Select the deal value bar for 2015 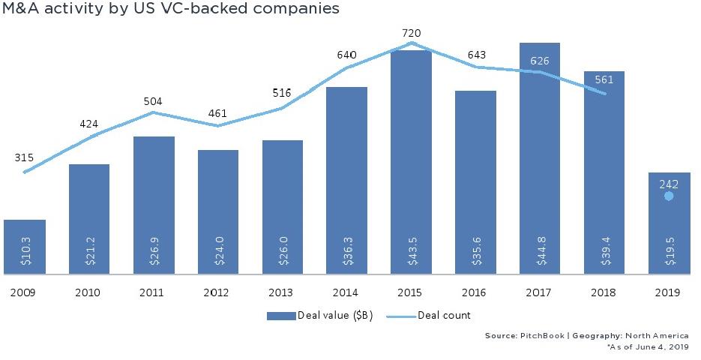[411, 150]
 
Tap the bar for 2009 [25, 247]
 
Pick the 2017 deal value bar [539, 150]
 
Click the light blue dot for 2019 [669, 196]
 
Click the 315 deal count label [25, 157]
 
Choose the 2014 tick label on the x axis [346, 294]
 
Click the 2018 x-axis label [604, 294]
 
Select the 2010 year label [89, 294]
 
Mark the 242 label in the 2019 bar [669, 183]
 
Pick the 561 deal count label [604, 80]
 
